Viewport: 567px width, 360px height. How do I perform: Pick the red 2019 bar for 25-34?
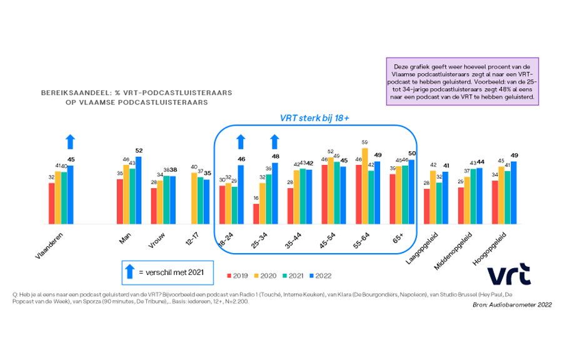click(x=256, y=213)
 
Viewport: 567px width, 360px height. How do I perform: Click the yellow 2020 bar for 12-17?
click(x=194, y=197)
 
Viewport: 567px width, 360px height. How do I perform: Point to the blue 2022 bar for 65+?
click(x=411, y=191)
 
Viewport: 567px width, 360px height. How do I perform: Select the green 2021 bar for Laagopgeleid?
click(x=439, y=203)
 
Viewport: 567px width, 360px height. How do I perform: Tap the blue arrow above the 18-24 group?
click(x=241, y=142)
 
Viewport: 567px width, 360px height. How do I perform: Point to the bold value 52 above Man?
click(x=139, y=151)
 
